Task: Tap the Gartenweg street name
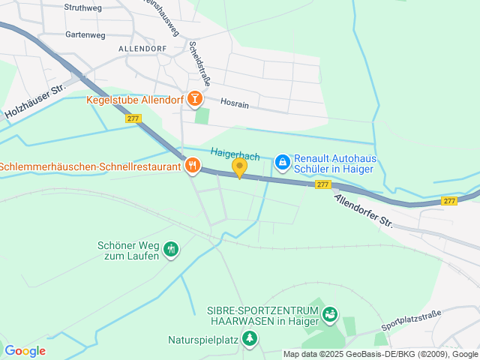(86, 34)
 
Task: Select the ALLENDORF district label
(141, 48)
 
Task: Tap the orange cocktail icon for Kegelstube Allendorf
(194, 97)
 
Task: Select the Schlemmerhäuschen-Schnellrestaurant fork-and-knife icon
(192, 166)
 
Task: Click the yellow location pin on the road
(239, 168)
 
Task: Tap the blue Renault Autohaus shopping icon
(281, 161)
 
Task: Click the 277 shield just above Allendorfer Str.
(322, 184)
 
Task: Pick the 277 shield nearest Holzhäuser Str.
(133, 118)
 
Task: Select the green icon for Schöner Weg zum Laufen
(170, 248)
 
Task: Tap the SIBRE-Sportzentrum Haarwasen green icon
(331, 316)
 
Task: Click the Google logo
(25, 350)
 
